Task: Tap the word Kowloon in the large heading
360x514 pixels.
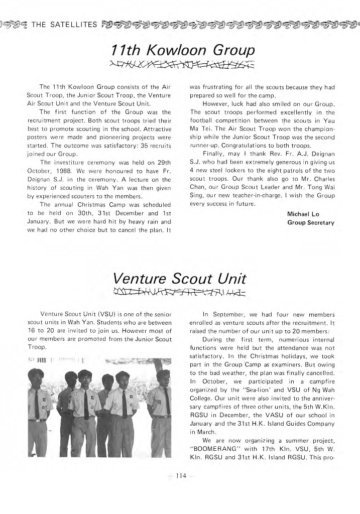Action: tap(172, 50)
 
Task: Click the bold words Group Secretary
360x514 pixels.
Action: tap(311, 222)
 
